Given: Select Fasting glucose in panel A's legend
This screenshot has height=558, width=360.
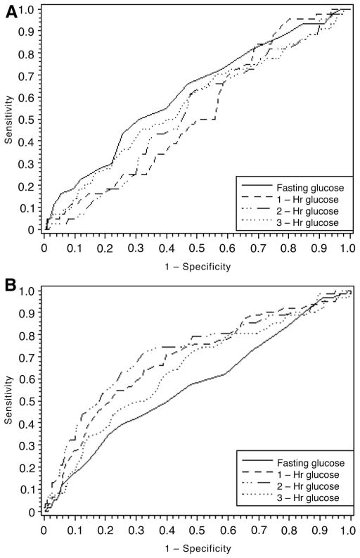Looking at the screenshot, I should click(x=309, y=186).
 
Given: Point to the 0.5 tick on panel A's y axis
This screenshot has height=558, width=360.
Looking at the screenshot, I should click(x=26, y=120).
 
